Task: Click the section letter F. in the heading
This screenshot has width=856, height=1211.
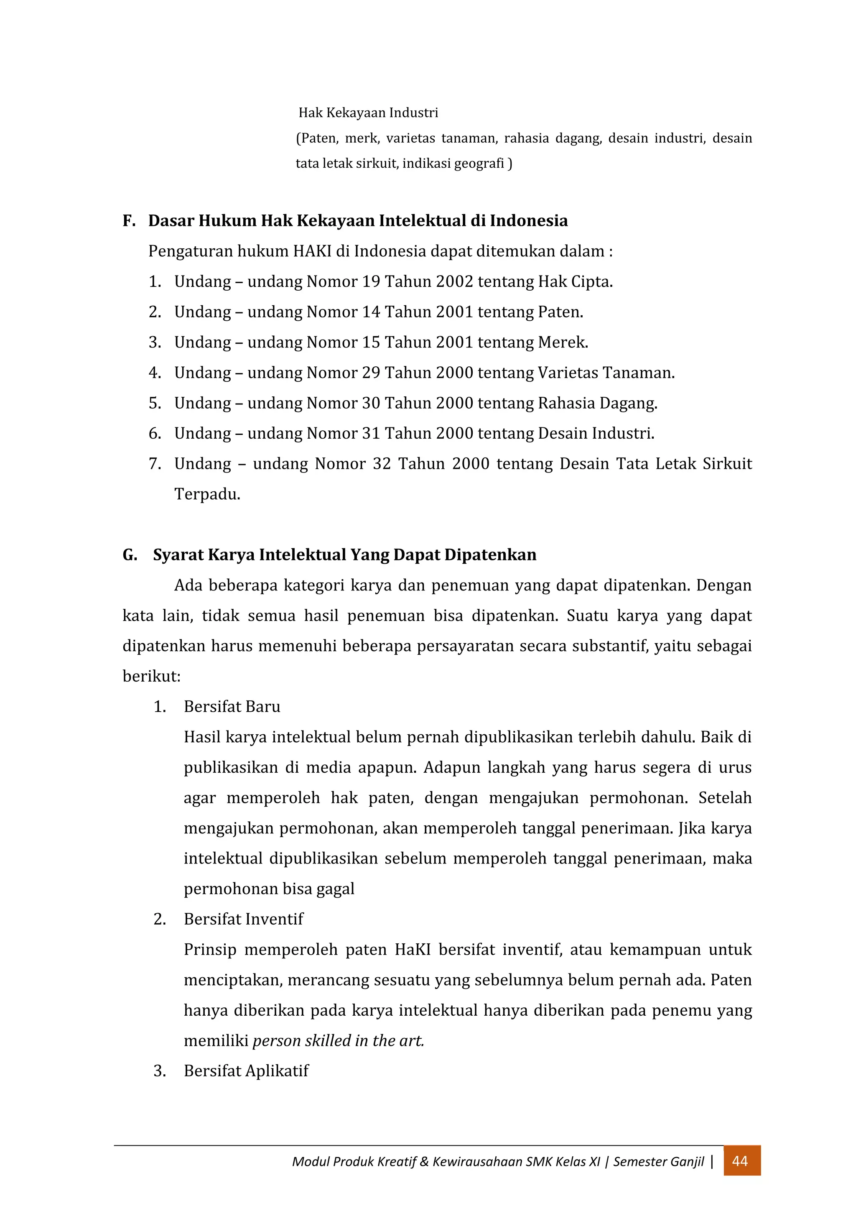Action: point(129,220)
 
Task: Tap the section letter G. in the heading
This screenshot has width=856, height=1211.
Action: point(130,555)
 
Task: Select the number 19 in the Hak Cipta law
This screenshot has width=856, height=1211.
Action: point(371,282)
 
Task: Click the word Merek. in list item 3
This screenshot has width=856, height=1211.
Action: point(563,342)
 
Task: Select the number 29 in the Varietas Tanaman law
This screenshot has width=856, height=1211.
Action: point(371,373)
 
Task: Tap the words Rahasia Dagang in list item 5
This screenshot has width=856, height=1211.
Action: point(597,404)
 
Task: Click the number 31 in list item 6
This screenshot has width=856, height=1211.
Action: point(371,434)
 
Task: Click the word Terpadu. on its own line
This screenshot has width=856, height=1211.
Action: point(207,494)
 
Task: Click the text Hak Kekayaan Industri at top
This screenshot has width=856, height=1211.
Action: point(368,113)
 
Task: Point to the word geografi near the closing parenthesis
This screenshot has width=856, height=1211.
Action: point(479,164)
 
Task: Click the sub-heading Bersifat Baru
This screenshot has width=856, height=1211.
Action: point(232,706)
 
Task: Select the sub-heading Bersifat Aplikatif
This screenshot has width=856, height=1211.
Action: point(246,1070)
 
